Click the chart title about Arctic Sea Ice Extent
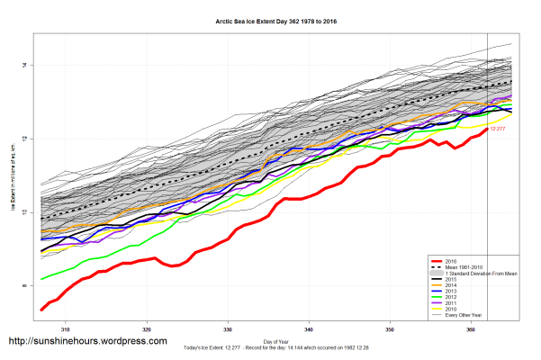click(x=270, y=21)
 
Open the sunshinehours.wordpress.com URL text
click(x=87, y=342)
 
